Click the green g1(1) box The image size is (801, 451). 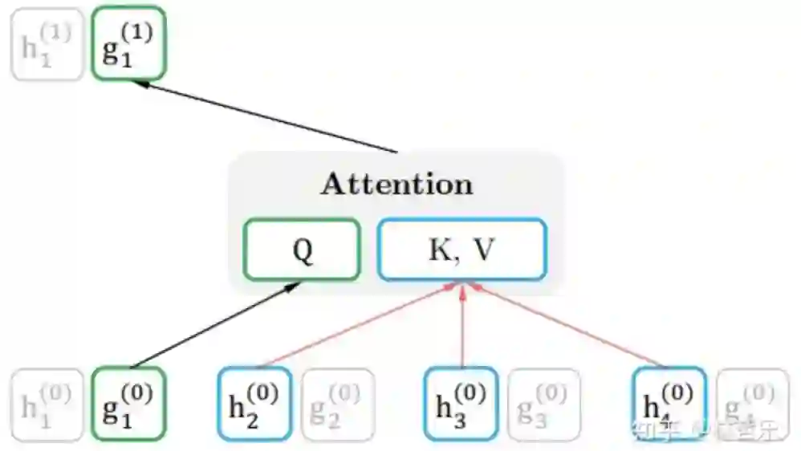click(128, 43)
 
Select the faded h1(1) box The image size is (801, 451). click(47, 44)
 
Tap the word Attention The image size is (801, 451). click(396, 184)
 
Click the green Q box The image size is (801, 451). click(302, 250)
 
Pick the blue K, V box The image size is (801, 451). click(461, 250)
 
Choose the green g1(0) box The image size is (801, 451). click(128, 404)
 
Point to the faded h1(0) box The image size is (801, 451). click(47, 404)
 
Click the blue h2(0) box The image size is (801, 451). click(254, 404)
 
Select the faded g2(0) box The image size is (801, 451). click(337, 404)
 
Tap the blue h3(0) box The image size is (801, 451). click(461, 404)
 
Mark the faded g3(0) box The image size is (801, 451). click(543, 404)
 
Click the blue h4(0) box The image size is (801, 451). click(669, 404)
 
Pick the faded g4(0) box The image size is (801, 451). click(751, 404)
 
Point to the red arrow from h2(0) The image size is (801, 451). click(357, 325)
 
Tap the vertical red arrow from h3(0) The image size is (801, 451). click(462, 325)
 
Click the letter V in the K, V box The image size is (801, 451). click(483, 250)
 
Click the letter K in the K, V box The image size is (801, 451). click(437, 250)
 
